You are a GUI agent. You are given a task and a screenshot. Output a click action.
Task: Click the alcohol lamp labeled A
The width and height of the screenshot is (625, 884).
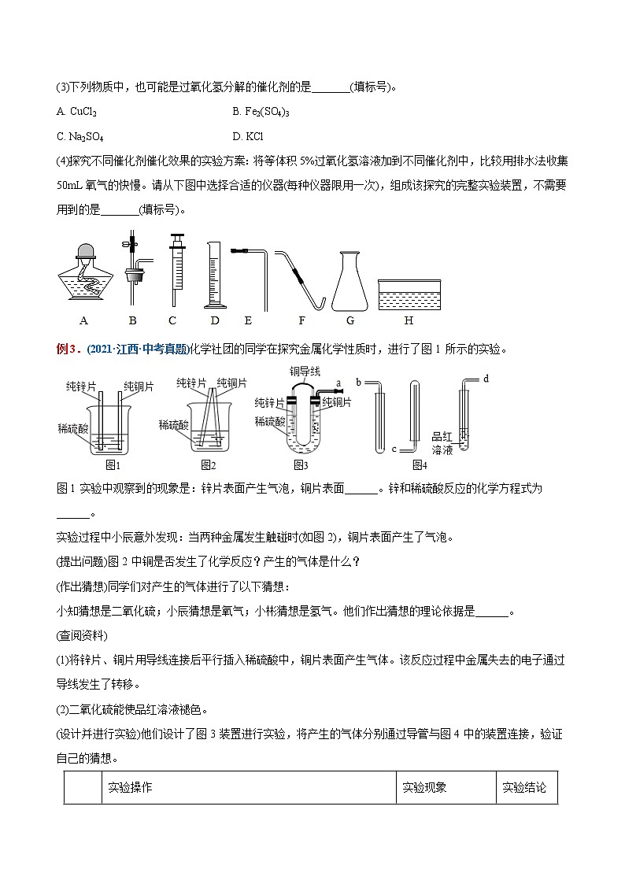83,276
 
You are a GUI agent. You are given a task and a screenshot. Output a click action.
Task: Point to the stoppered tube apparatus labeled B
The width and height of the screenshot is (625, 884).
134,272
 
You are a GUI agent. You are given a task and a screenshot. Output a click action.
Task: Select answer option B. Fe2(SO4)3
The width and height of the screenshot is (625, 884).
261,112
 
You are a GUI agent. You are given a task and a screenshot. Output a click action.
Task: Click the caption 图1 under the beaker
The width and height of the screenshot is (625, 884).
105,464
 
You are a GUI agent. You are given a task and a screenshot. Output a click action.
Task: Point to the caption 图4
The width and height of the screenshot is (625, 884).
420,464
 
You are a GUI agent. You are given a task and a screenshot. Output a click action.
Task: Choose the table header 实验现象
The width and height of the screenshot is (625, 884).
424,787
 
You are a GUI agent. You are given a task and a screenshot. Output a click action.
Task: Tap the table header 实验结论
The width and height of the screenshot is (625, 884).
524,787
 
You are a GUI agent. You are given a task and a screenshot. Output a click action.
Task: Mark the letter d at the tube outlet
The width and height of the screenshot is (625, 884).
486,379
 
